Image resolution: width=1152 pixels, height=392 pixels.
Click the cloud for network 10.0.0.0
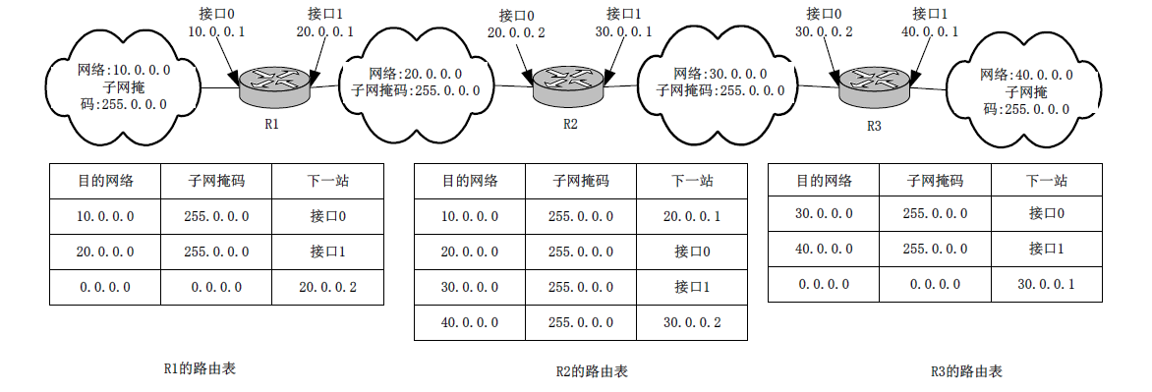123,86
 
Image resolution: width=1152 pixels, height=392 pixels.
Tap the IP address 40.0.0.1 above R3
929,31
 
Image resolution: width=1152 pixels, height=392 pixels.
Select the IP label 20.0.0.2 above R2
516,32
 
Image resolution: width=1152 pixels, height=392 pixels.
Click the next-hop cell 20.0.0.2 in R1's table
327,287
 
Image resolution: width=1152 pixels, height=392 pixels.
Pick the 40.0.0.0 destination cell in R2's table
469,322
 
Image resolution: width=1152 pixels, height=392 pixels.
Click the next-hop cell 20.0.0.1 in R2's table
692,216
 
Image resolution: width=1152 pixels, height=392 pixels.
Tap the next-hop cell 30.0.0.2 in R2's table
692,322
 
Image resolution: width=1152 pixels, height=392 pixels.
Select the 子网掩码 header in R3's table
935,181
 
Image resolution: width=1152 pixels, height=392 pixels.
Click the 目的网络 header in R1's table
106,181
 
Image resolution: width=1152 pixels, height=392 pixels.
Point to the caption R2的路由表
593,371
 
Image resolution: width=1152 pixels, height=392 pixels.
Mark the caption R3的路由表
966,371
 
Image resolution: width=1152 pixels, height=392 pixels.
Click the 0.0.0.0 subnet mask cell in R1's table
216,287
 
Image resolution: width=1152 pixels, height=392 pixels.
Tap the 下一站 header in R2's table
692,181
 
